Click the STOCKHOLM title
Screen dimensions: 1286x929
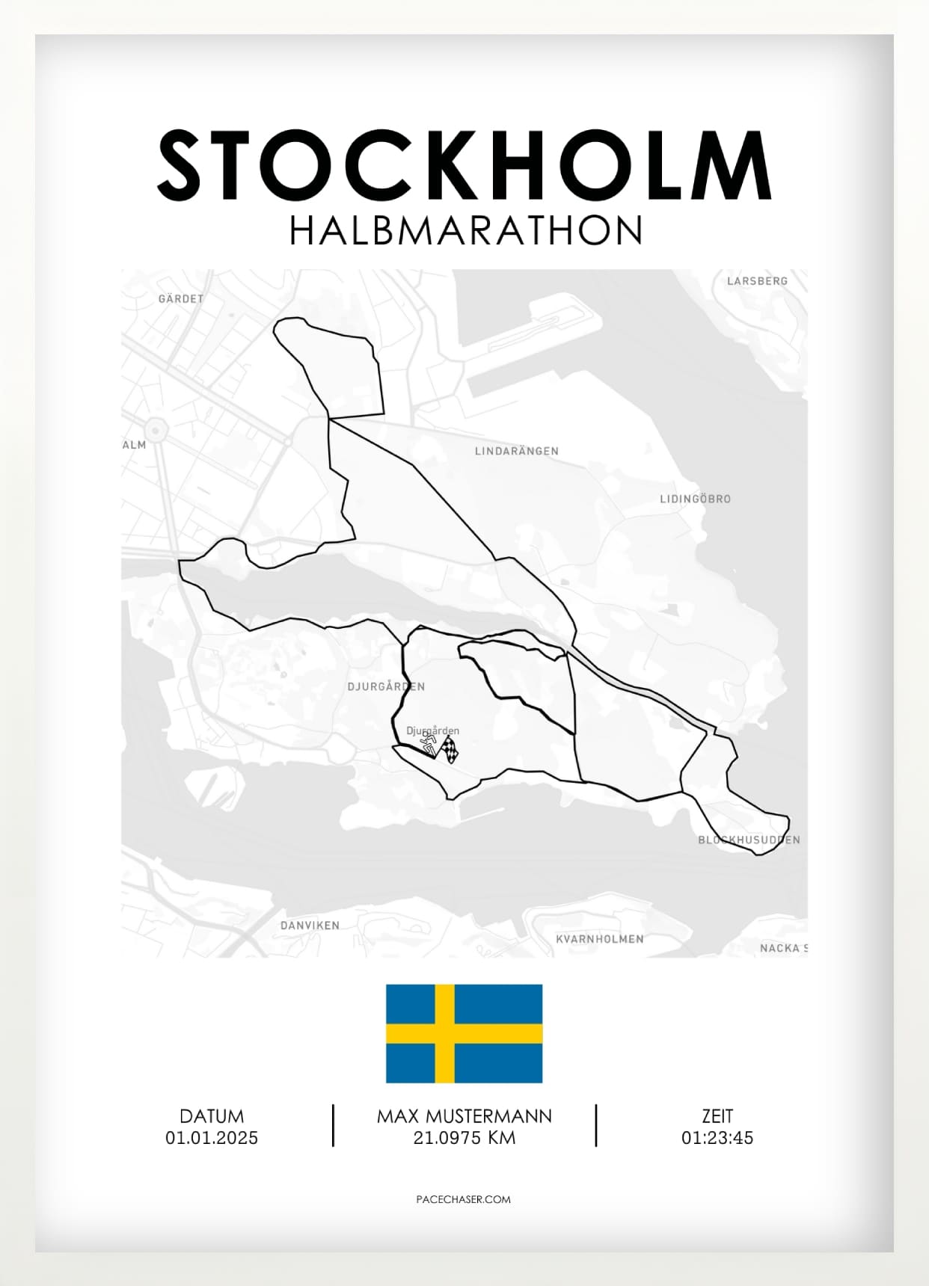(464, 165)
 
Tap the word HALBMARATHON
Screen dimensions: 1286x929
(465, 231)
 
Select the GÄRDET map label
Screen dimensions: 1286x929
(181, 299)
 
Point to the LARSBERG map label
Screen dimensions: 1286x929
(757, 281)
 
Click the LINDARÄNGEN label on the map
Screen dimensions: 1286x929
(517, 452)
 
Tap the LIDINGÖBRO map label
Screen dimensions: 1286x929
(695, 499)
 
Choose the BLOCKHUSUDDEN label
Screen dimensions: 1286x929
(749, 840)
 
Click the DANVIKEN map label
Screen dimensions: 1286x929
(310, 926)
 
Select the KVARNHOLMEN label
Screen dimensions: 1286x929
(599, 939)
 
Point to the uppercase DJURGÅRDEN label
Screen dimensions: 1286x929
(386, 686)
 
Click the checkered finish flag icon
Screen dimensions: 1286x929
(449, 749)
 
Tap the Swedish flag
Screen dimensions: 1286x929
(464, 1033)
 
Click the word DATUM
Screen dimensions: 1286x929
(212, 1116)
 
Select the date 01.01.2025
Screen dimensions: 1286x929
(212, 1138)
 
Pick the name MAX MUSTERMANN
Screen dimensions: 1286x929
(464, 1116)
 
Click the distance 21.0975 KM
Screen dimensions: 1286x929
(464, 1138)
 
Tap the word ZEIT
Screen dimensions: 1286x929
(717, 1116)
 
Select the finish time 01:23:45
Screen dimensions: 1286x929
(717, 1138)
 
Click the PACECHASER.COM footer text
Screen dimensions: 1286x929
(463, 1199)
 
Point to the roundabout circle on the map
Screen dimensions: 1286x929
(156, 430)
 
